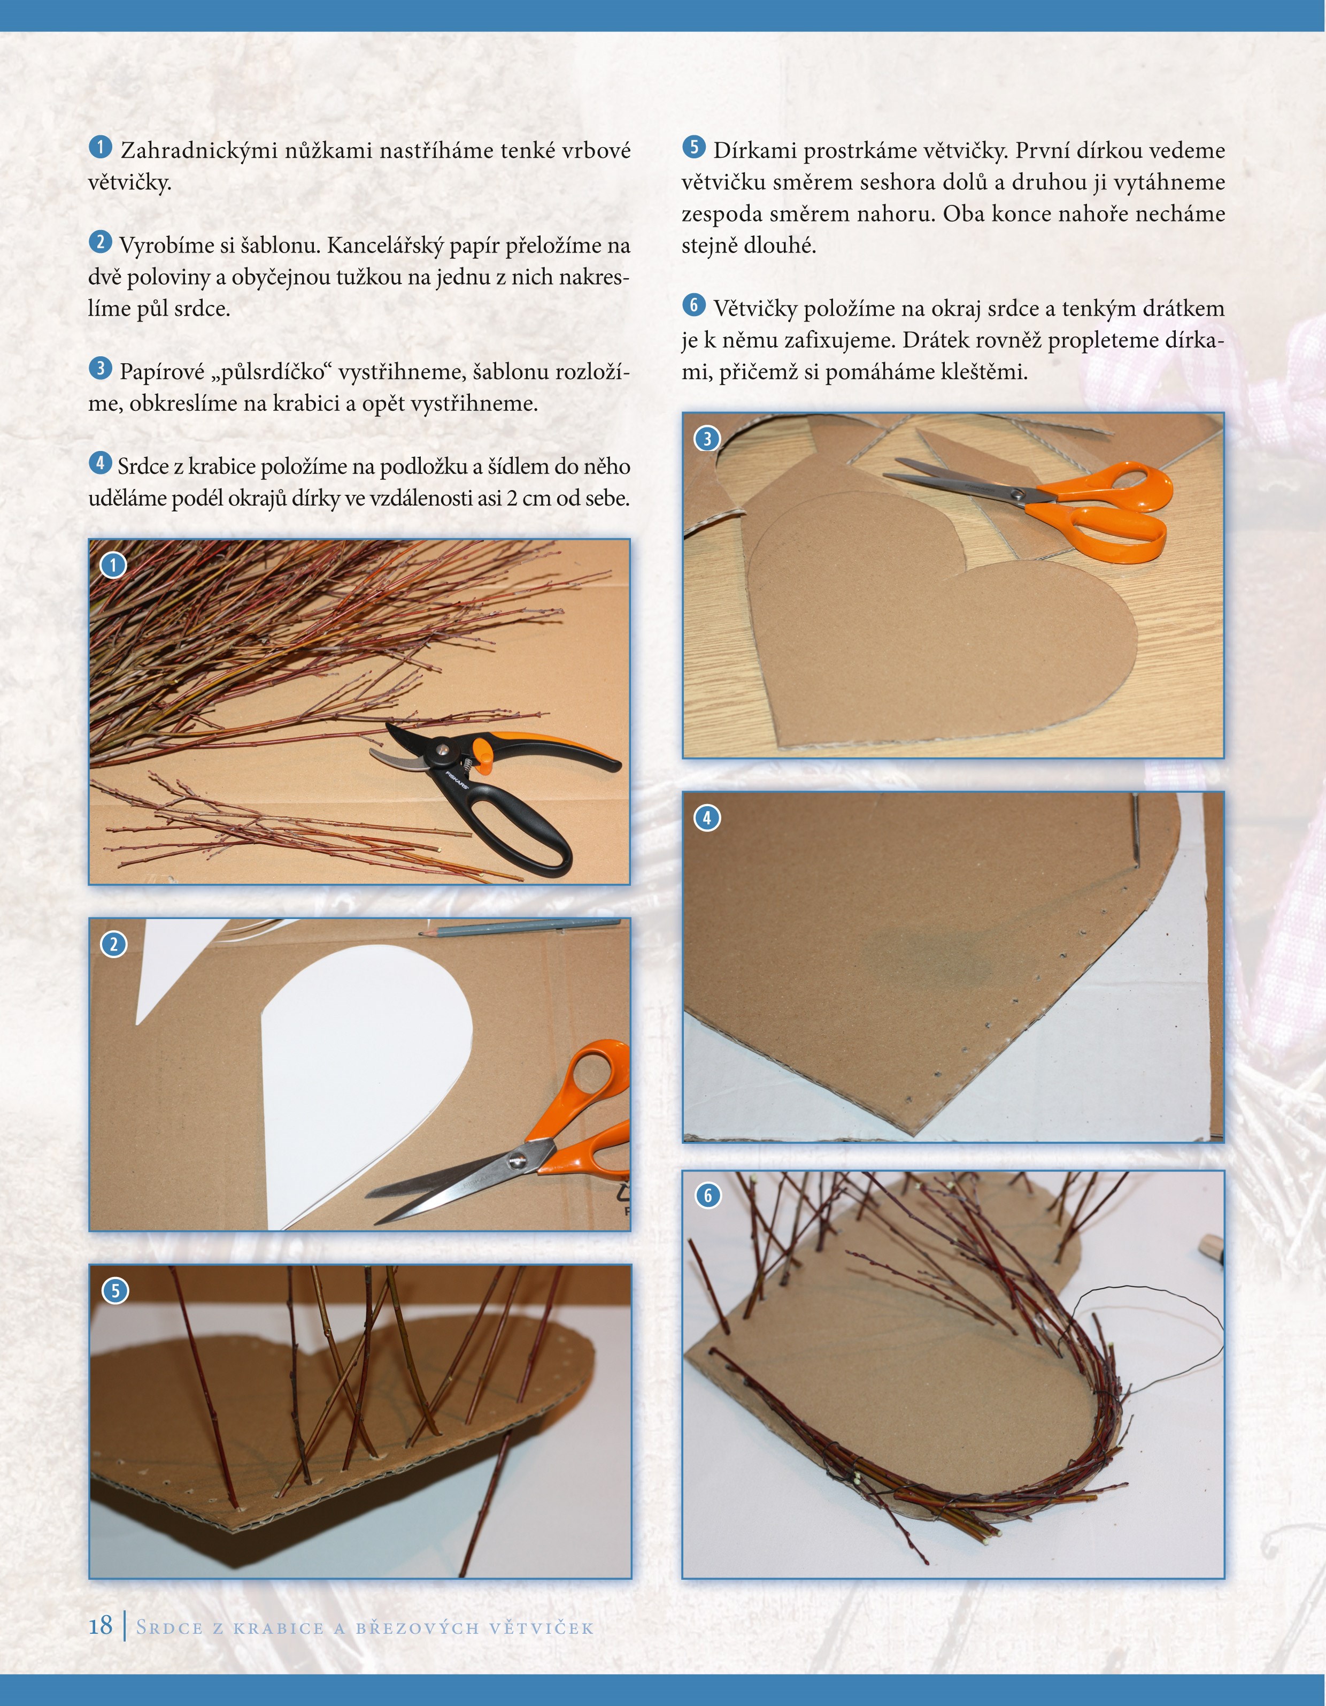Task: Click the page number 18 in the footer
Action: [x=100, y=1626]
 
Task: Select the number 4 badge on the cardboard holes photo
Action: [x=707, y=818]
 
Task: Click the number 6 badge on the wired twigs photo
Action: [x=707, y=1195]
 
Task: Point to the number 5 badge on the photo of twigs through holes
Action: [x=115, y=1290]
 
